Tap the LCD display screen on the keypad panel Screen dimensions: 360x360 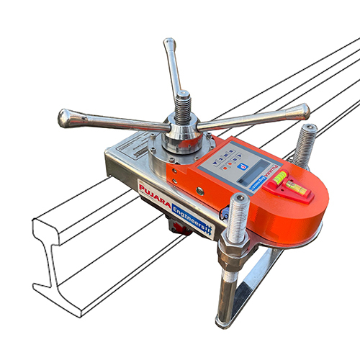tap(249, 172)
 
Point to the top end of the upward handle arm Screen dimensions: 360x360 tap(170, 44)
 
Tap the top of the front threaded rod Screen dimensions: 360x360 tap(238, 201)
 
